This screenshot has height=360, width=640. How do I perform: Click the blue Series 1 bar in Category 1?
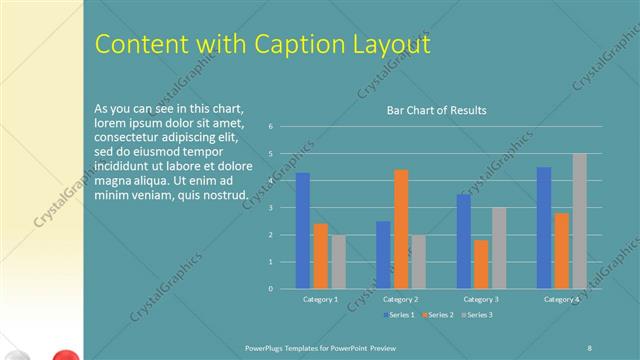[303, 231]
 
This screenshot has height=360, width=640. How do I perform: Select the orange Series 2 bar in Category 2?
[401, 229]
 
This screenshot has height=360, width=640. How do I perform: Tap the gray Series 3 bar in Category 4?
[579, 221]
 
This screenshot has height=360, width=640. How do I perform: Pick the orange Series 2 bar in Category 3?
[481, 264]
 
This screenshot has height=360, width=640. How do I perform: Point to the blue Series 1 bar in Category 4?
[544, 228]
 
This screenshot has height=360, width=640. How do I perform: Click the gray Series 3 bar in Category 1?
[338, 262]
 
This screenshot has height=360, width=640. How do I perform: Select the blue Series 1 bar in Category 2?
[383, 255]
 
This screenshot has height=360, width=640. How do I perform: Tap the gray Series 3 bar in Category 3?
[499, 248]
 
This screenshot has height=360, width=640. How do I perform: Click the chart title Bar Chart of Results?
[437, 110]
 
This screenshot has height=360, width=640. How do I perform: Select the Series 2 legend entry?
[436, 315]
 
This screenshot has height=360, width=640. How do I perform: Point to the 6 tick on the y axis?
[271, 127]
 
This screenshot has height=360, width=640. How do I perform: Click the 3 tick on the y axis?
[271, 208]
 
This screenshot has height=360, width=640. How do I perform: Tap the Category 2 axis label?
[400, 299]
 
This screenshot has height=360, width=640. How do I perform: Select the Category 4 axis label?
[561, 299]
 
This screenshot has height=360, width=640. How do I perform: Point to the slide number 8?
[590, 346]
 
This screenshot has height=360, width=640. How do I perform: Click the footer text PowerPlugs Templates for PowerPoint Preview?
[328, 346]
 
